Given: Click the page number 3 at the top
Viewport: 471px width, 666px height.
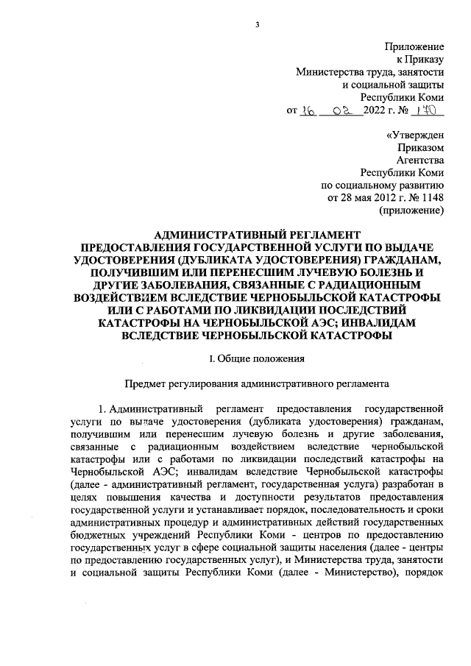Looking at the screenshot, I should pyautogui.click(x=257, y=25).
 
